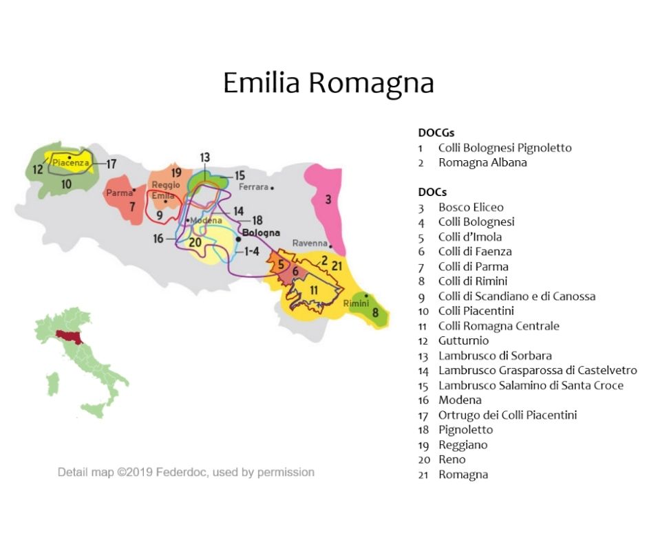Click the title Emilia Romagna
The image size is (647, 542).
point(328,83)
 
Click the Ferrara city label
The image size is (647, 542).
point(254,186)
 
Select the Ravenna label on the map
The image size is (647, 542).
point(308,243)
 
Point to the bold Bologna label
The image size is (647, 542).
point(261,232)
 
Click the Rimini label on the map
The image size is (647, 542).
point(356,303)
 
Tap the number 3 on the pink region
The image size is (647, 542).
point(328,199)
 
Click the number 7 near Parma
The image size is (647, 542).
point(131,206)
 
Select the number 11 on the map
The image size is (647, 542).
point(314,290)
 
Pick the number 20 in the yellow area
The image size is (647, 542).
point(195,242)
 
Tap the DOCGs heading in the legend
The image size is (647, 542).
point(436,132)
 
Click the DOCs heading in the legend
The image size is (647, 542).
point(432,192)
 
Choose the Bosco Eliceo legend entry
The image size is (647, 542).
point(471,207)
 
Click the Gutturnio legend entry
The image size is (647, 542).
point(463,340)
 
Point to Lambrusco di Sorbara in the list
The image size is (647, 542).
point(495,356)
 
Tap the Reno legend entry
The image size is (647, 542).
point(452,459)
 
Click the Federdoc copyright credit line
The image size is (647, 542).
point(186,473)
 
